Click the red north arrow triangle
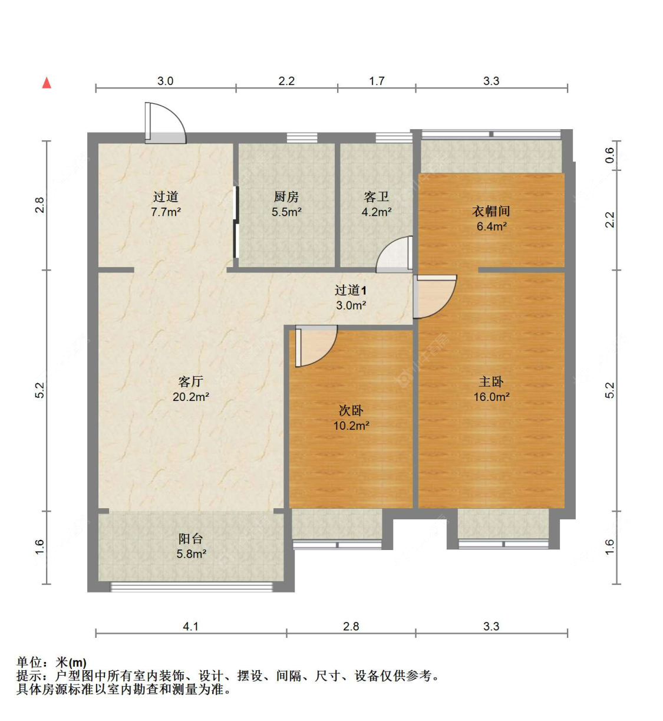pos(47,83)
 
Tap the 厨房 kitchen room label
pos(286,197)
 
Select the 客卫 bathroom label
pos(376,197)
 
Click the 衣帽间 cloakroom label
pos(491,211)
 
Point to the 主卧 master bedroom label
pos(491,382)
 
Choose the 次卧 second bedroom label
pos(351,410)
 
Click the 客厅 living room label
pos(190,382)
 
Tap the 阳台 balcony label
pos(190,539)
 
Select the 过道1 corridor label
pos(351,290)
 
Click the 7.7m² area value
pos(166,212)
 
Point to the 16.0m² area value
pos(491,397)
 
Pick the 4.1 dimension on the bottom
pos(190,626)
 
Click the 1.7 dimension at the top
pos(377,81)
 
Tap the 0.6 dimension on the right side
pos(610,156)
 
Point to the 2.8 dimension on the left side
pos(39,205)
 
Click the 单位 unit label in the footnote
pos(29,663)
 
